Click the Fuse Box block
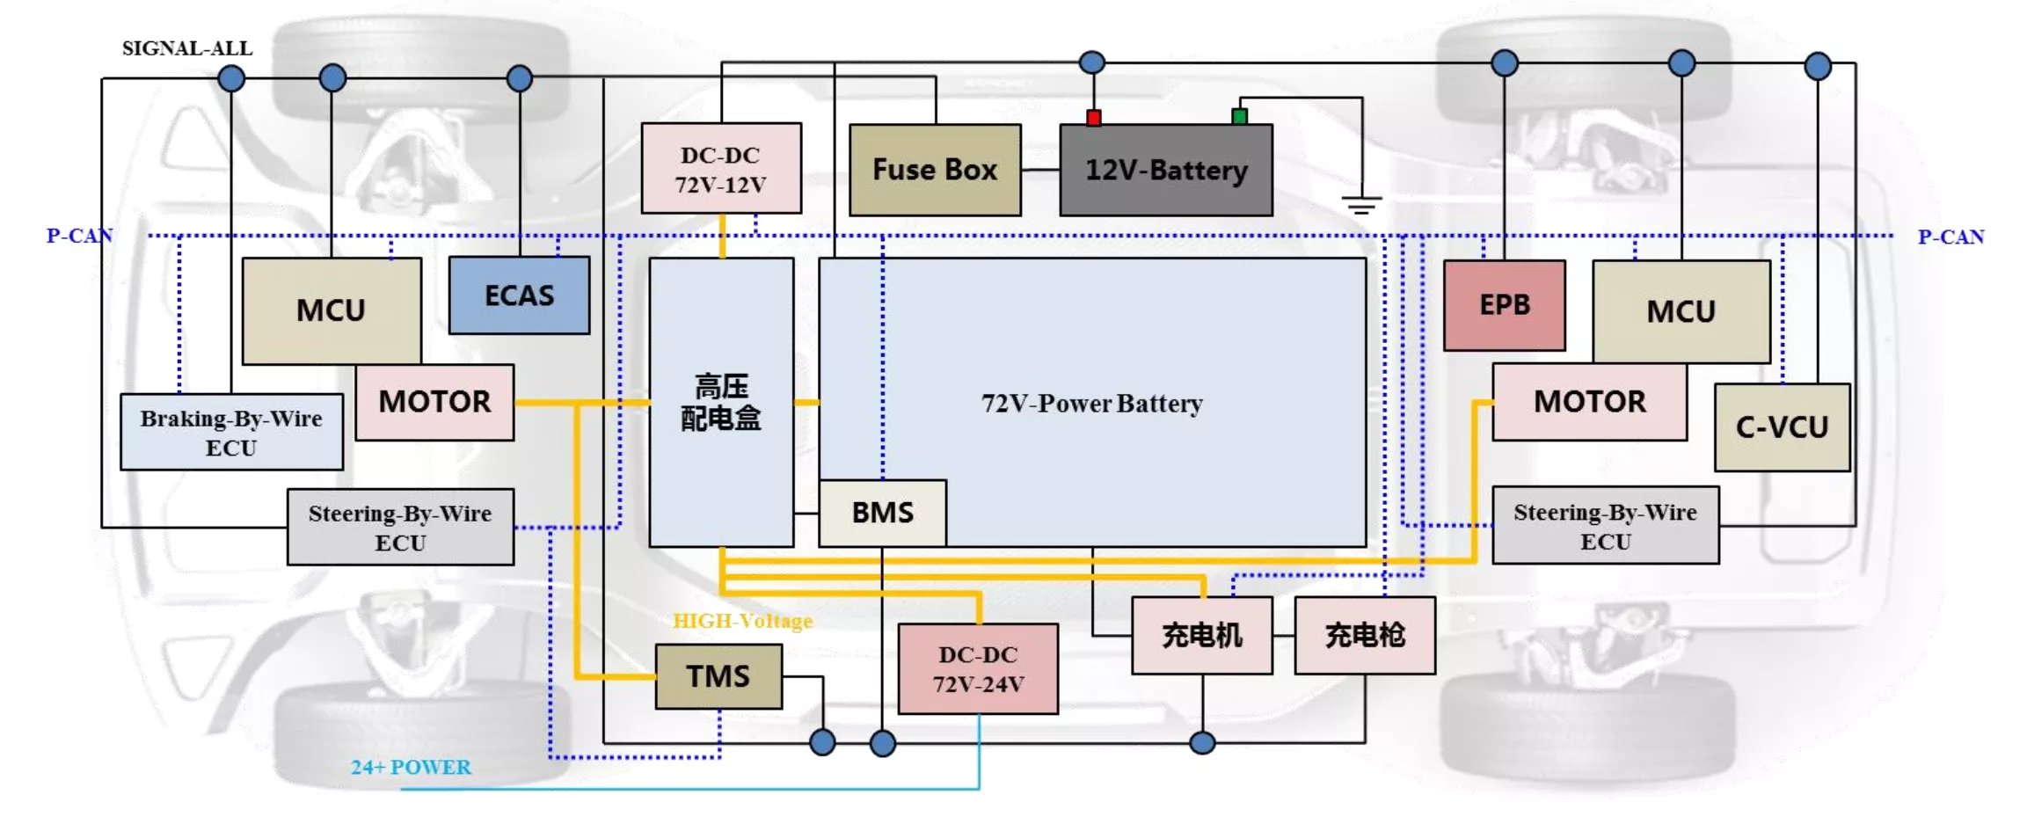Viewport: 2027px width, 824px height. click(x=935, y=170)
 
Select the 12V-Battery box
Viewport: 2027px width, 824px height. click(x=1166, y=170)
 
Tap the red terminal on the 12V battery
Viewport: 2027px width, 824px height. click(x=1094, y=118)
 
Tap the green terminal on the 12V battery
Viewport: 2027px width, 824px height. click(x=1240, y=116)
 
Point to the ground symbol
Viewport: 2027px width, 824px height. click(x=1362, y=205)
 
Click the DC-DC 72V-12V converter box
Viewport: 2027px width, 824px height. click(x=721, y=168)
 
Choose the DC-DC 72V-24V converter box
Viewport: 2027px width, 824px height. click(x=978, y=669)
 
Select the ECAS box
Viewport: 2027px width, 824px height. click(x=519, y=295)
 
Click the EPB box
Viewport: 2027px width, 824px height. click(x=1505, y=305)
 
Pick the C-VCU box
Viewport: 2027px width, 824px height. click(x=1783, y=427)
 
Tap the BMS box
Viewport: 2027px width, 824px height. click(x=883, y=513)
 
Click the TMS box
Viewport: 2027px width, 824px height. click(x=718, y=676)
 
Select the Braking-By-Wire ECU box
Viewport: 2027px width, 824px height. click(x=231, y=433)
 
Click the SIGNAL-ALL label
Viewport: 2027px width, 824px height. click(x=187, y=48)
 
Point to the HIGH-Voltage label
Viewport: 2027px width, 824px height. click(x=743, y=621)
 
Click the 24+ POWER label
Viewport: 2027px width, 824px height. click(x=411, y=767)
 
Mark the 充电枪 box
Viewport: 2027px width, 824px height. click(x=1365, y=636)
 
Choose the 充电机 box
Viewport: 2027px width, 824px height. click(x=1202, y=636)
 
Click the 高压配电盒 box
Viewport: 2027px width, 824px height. click(x=721, y=403)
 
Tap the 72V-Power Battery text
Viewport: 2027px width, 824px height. click(x=1092, y=404)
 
